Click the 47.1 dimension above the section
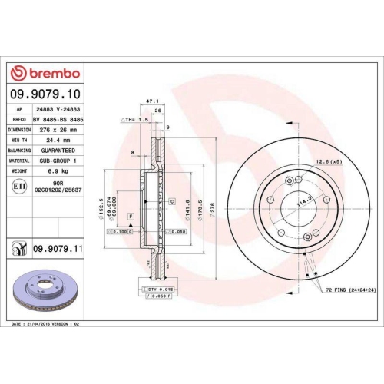pos(151,100)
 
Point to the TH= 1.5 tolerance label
pos(132,121)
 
